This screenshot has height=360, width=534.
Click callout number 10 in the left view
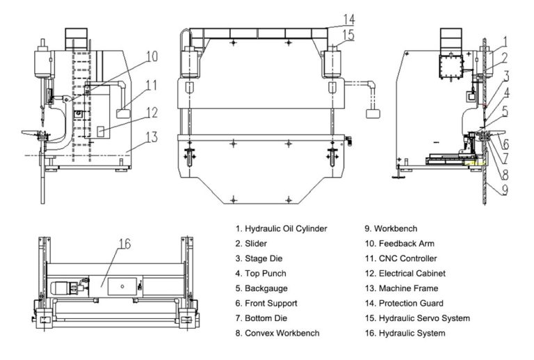tap(152, 56)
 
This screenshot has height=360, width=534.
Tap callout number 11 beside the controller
tap(152, 85)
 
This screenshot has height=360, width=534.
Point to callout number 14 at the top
tap(348, 19)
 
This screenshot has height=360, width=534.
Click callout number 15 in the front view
tap(348, 34)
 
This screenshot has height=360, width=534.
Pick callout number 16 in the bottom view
tap(124, 243)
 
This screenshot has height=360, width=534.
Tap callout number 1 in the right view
tap(506, 40)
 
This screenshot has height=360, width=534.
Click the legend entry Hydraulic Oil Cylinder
tap(281, 228)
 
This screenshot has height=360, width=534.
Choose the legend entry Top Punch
tap(261, 273)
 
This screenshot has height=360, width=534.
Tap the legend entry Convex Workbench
tap(277, 333)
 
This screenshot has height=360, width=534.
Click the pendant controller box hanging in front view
tap(372, 114)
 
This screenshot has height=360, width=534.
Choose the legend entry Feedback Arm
tap(403, 243)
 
